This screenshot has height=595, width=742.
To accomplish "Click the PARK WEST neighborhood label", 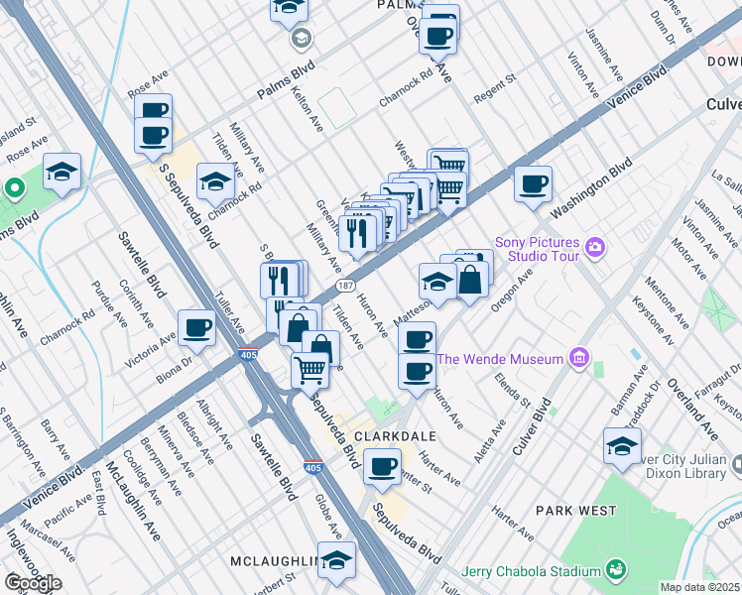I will click(x=569, y=510).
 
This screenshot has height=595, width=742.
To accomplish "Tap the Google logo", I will click(x=32, y=583).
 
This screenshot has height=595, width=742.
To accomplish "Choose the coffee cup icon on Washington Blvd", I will click(x=534, y=183).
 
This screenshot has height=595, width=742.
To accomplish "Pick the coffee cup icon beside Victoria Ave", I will click(x=197, y=327).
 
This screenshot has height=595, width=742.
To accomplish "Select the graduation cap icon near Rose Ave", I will click(x=62, y=172).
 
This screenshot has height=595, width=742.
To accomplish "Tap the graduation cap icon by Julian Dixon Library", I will click(x=622, y=445).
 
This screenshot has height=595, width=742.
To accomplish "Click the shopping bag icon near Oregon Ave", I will click(x=472, y=280).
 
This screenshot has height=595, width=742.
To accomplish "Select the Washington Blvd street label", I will click(x=591, y=189).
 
